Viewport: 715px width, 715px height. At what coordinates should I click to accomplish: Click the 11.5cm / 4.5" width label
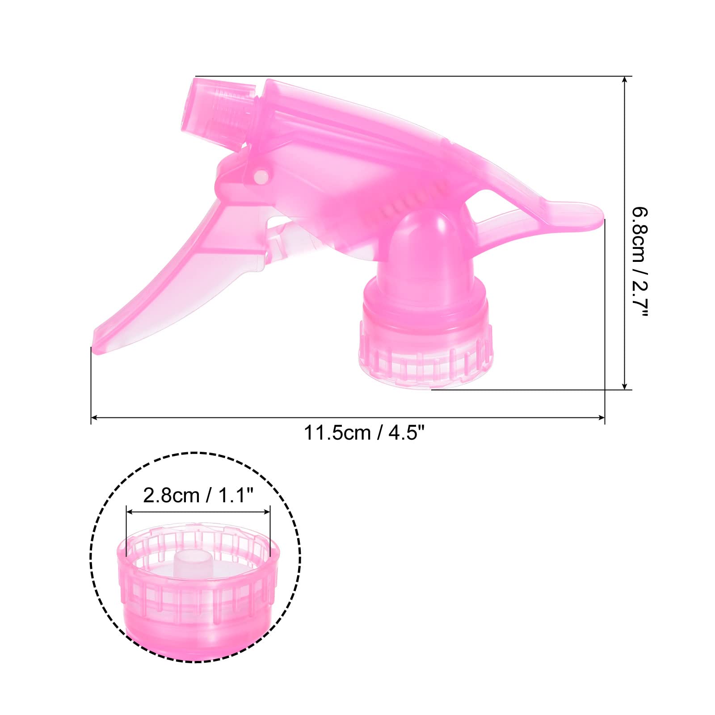click(x=363, y=433)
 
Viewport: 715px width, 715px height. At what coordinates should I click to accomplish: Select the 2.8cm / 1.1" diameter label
click(x=198, y=496)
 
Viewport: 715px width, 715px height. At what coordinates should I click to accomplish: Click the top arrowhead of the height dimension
click(x=625, y=79)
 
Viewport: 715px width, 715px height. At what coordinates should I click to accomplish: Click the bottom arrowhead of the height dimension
click(x=625, y=387)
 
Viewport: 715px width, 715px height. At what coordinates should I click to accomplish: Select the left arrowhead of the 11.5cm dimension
click(x=94, y=418)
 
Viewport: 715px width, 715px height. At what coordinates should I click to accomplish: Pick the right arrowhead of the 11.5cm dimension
click(x=601, y=418)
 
